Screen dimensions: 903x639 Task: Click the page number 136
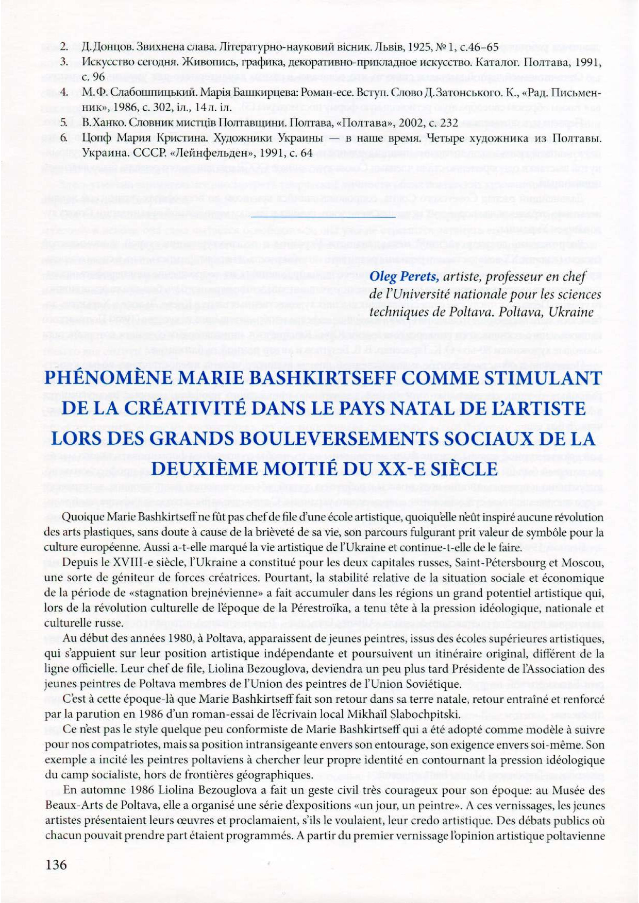click(56, 864)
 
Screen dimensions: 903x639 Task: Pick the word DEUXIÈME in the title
click(203, 469)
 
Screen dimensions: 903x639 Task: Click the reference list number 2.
click(64, 47)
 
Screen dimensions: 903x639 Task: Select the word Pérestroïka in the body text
click(315, 608)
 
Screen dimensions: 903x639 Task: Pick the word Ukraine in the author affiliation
click(571, 312)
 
